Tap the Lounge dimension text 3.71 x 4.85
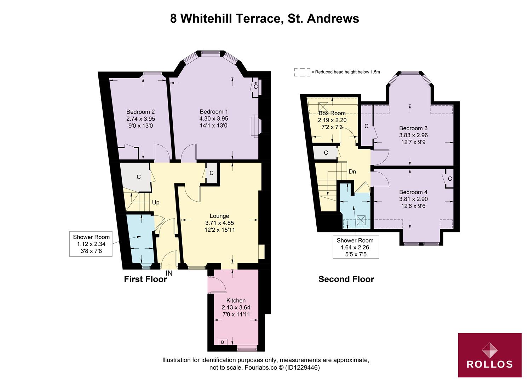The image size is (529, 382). click(x=219, y=223)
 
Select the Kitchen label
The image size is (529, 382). click(x=236, y=300)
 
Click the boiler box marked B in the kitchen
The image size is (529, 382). click(x=222, y=342)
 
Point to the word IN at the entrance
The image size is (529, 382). click(x=169, y=273)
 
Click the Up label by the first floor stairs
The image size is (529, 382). click(x=156, y=203)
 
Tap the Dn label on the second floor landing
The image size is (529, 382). click(x=352, y=172)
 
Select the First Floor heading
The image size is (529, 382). click(x=145, y=279)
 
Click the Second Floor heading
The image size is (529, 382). click(x=346, y=279)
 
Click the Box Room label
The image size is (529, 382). click(x=332, y=113)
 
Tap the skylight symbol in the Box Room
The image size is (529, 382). click(x=323, y=106)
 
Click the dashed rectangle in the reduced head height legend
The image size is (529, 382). click(x=302, y=72)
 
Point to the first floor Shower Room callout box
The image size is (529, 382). click(x=91, y=244)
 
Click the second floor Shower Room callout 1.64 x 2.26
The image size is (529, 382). click(x=355, y=247)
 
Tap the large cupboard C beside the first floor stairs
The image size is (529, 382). click(x=139, y=177)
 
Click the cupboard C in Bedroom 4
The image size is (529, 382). click(x=450, y=179)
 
